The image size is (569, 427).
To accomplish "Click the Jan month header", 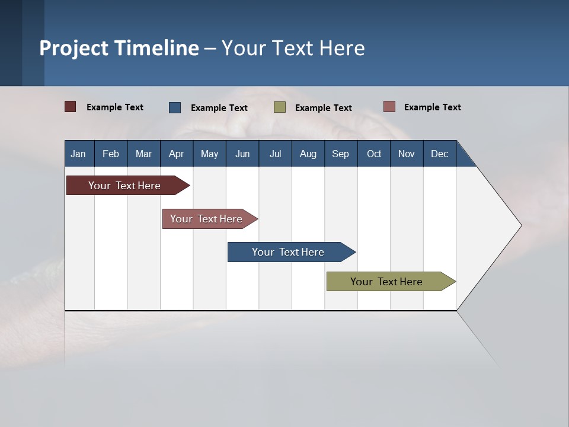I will point(79,154).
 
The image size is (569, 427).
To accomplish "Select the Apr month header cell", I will point(176,154).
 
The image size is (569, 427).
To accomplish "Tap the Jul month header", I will point(275,154).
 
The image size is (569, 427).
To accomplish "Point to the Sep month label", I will point(340,154).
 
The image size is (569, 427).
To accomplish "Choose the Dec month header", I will point(439,154).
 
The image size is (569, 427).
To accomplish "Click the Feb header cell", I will point(111,154).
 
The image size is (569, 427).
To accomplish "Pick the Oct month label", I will point(374,154).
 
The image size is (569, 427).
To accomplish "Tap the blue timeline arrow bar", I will point(289,252).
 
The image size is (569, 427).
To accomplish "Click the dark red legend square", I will point(71,107).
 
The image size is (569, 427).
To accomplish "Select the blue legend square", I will point(175,107).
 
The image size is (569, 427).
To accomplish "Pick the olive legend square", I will point(280,107).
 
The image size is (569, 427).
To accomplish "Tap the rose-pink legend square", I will point(389,107).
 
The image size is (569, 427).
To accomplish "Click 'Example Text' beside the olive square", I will point(323,108).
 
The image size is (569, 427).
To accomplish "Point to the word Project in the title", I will point(74,48).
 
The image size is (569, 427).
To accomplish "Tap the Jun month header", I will point(242,154).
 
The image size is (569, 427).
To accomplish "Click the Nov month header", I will point(406,154).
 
